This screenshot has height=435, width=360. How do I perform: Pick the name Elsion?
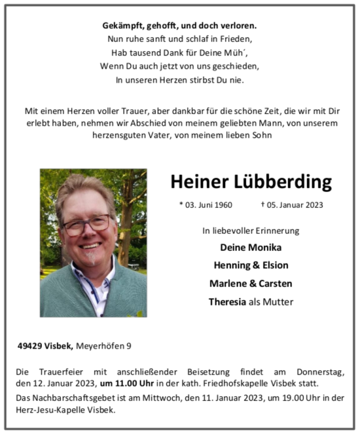pyautogui.click(x=273, y=265)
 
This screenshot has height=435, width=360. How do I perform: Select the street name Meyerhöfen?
pyautogui.click(x=99, y=345)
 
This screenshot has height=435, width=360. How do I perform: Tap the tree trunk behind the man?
pyautogui.click(x=126, y=216)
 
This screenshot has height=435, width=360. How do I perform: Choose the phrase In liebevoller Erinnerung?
pyautogui.click(x=251, y=230)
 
